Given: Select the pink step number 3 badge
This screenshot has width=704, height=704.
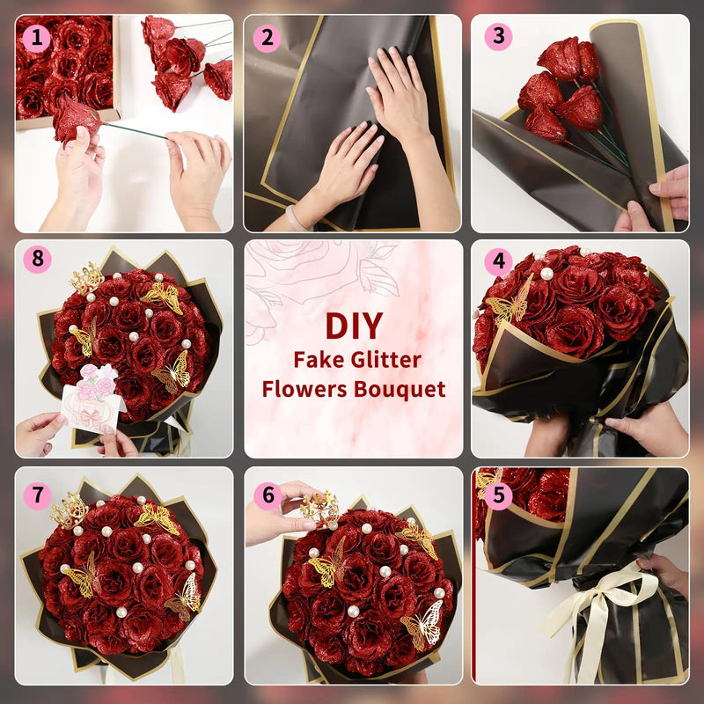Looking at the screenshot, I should tap(498, 37).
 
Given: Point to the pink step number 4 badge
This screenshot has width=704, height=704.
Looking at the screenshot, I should tap(498, 262).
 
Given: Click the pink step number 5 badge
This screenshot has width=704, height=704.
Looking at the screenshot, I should tap(498, 495).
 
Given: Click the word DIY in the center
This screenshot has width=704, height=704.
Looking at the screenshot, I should tap(353, 326).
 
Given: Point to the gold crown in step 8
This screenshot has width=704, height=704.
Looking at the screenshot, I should tap(86, 279).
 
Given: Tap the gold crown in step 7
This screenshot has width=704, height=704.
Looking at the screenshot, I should tap(69, 510).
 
